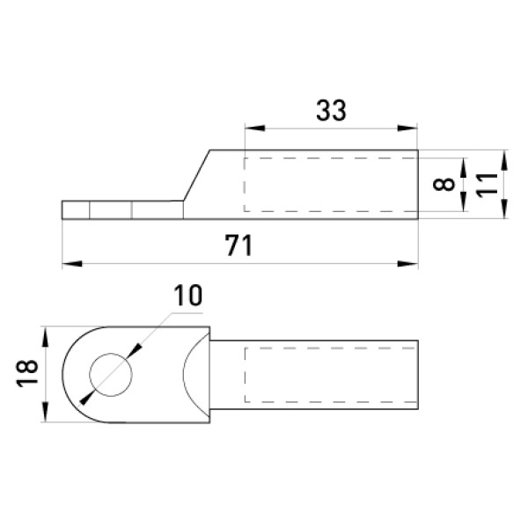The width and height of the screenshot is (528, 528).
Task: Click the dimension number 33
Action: pyautogui.click(x=331, y=111)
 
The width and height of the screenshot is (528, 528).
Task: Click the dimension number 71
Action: pyautogui.click(x=238, y=246)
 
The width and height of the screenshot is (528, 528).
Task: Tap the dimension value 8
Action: pyautogui.click(x=444, y=185)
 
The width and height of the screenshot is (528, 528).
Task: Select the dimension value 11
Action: pyautogui.click(x=487, y=185)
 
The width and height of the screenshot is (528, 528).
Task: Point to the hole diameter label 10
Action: pyautogui.click(x=188, y=296)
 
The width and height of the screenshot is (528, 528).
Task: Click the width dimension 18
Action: pyautogui.click(x=27, y=373)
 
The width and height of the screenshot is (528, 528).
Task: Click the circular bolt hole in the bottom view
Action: pyautogui.click(x=111, y=353)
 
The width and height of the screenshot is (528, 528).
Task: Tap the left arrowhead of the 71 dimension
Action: pyautogui.click(x=72, y=264)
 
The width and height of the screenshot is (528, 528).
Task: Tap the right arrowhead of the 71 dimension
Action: pyautogui.click(x=407, y=264)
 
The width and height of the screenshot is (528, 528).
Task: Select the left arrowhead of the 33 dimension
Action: pyautogui.click(x=255, y=128)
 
